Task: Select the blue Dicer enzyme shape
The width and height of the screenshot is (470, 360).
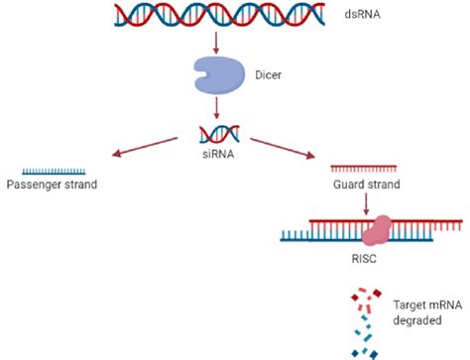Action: point(216,73)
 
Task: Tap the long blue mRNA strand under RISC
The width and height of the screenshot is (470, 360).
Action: point(317,238)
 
